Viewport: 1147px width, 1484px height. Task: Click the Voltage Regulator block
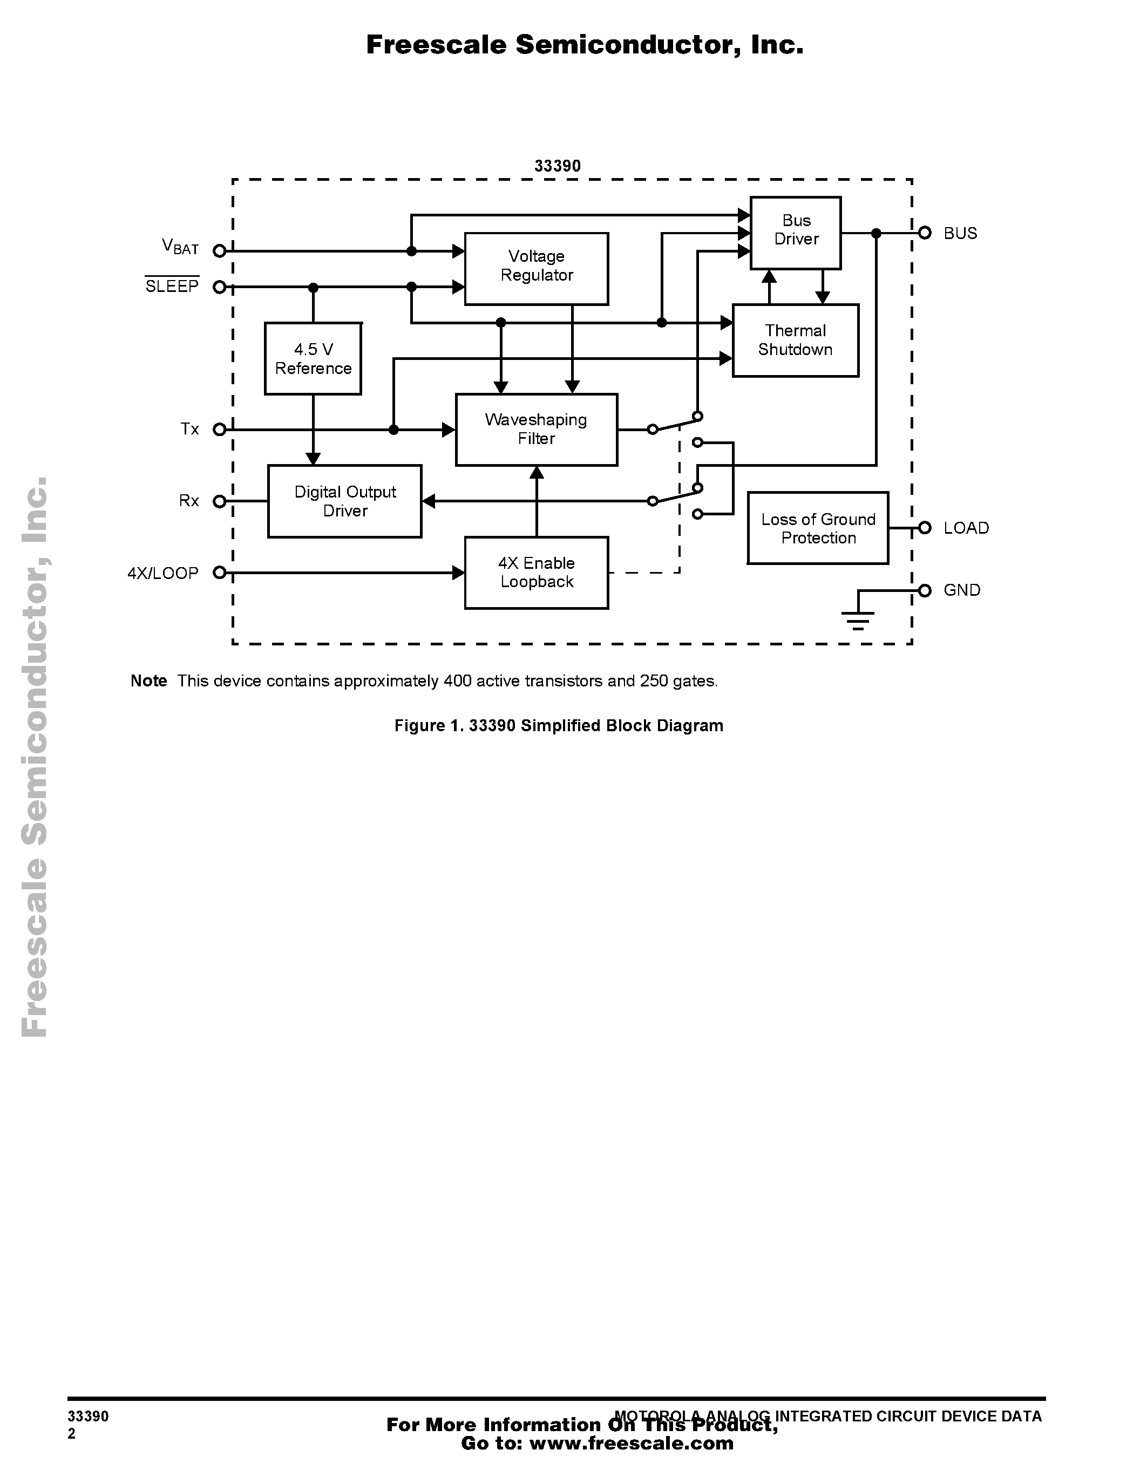coord(536,268)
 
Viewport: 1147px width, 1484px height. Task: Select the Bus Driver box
coord(795,233)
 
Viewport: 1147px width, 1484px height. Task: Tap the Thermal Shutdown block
coord(795,340)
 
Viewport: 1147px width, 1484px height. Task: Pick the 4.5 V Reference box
coord(313,358)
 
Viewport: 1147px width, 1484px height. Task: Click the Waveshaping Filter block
coord(536,429)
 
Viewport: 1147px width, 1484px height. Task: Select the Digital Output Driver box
coord(344,501)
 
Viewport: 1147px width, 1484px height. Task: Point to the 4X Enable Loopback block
coord(536,572)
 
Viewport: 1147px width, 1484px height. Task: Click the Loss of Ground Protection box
coord(817,528)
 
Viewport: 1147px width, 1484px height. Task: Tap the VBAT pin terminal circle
coord(219,251)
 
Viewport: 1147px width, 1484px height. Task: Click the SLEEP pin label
coord(172,286)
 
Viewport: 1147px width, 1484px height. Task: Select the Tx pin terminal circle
coord(219,430)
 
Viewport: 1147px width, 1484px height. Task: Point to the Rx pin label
coord(189,501)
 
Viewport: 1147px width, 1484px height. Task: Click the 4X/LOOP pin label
coord(163,573)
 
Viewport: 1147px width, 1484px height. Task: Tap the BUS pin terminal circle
coord(924,233)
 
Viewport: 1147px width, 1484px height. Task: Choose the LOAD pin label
coord(966,528)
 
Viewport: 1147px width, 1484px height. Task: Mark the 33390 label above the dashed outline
coord(557,166)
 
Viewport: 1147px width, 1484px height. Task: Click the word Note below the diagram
coord(149,681)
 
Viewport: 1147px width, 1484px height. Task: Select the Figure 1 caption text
coord(559,726)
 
